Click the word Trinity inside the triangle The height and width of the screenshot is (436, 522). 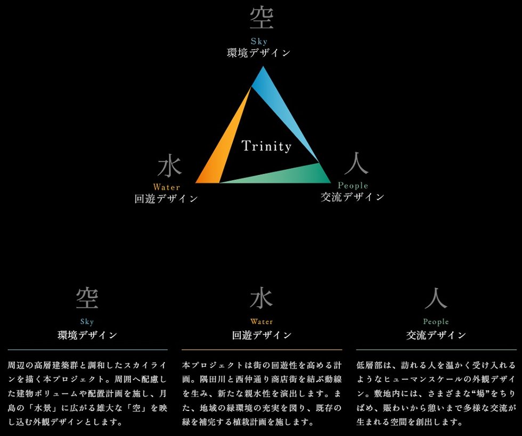pyautogui.click(x=266, y=146)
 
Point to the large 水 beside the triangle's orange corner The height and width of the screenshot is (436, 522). pyautogui.click(x=170, y=167)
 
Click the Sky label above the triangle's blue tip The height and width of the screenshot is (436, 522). pyautogui.click(x=259, y=41)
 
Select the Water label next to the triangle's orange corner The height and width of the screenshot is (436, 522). pyautogui.click(x=166, y=187)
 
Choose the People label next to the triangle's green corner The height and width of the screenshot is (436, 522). pyautogui.click(x=353, y=186)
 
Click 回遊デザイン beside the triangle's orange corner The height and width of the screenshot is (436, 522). pyautogui.click(x=166, y=199)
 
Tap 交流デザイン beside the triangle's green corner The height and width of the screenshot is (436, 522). pyautogui.click(x=352, y=197)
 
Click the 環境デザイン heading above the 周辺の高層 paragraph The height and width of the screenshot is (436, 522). pyautogui.click(x=87, y=335)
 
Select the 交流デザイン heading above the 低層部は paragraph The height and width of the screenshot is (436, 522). pyautogui.click(x=436, y=335)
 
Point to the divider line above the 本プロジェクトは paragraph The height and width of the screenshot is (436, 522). pyautogui.click(x=262, y=349)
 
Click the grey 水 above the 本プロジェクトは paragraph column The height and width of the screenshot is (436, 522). pyautogui.click(x=261, y=299)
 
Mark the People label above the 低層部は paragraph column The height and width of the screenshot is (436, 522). pyautogui.click(x=436, y=322)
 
